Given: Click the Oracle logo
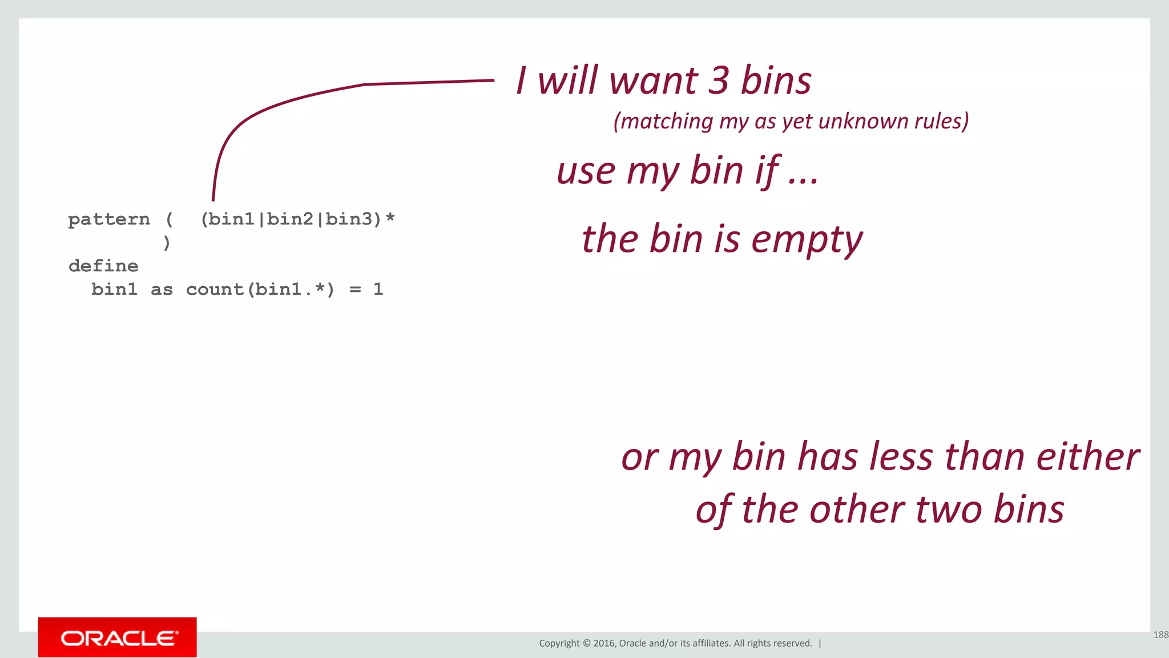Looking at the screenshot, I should (x=118, y=637).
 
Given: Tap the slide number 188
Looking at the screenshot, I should (x=1160, y=635).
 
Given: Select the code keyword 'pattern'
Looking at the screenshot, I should (x=109, y=219).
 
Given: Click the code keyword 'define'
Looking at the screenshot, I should (x=103, y=266).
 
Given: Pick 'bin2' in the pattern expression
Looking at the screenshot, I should (x=290, y=219).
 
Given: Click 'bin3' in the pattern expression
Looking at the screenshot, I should (x=349, y=219).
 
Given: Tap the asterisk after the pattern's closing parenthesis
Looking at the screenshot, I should (x=390, y=218).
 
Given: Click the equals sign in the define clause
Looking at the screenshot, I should (x=355, y=290).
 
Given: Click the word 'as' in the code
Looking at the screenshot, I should (x=162, y=290).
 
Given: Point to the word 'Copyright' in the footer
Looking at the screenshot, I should (x=559, y=643).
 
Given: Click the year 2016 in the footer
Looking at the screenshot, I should (x=604, y=643).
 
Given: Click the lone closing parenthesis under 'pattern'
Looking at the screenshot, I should (x=167, y=243).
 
